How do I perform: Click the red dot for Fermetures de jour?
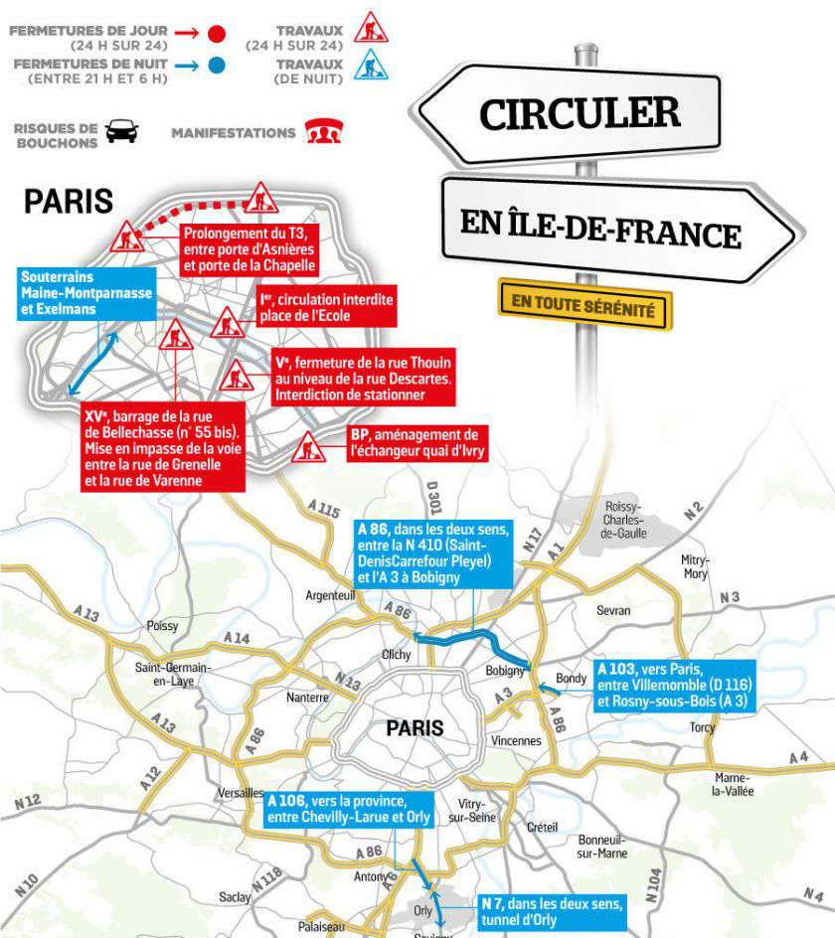218,34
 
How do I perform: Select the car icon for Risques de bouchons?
122,132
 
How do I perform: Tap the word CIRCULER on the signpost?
581,112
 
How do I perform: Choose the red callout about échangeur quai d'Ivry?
417,443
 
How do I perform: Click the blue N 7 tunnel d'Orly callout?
551,913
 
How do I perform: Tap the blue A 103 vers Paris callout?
674,685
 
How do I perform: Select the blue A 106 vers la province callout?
349,809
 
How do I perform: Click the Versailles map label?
240,793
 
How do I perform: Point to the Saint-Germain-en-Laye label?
173,674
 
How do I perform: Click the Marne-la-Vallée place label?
734,784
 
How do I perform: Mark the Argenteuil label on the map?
331,595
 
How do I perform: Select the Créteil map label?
543,827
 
